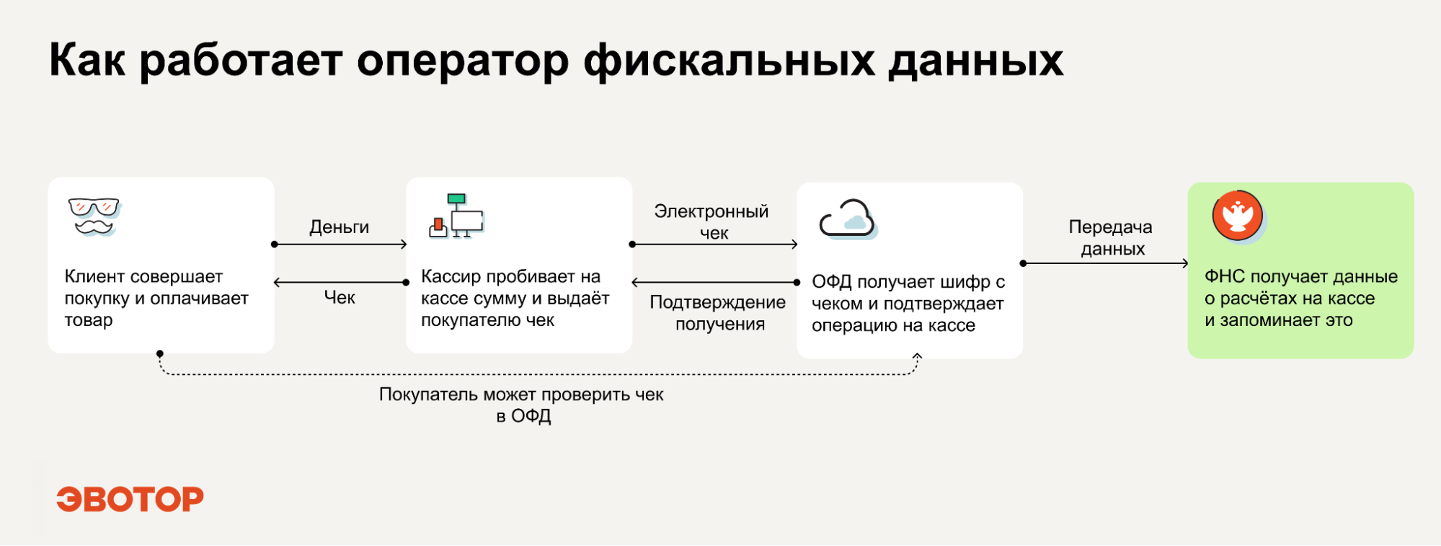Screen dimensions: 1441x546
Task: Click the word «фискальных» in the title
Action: (x=729, y=61)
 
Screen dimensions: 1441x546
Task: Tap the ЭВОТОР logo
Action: (x=130, y=499)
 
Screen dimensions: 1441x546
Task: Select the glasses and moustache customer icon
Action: (x=94, y=216)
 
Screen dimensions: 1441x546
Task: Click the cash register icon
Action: (x=456, y=216)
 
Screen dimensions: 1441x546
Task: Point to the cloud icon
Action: (x=848, y=219)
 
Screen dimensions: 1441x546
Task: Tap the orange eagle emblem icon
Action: (x=1238, y=216)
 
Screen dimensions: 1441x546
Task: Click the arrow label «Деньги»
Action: (x=340, y=227)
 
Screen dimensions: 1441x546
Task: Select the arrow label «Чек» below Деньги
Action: (x=340, y=297)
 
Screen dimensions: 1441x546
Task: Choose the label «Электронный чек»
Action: (x=712, y=222)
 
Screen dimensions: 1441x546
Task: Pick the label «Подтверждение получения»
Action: (x=718, y=313)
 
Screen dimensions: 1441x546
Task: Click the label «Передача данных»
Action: (x=1111, y=238)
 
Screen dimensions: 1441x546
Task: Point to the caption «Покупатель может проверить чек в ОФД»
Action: (x=522, y=405)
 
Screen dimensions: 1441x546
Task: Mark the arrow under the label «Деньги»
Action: (x=340, y=245)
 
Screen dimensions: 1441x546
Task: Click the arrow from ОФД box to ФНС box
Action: (x=1105, y=263)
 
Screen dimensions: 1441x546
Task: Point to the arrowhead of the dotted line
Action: (x=917, y=356)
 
